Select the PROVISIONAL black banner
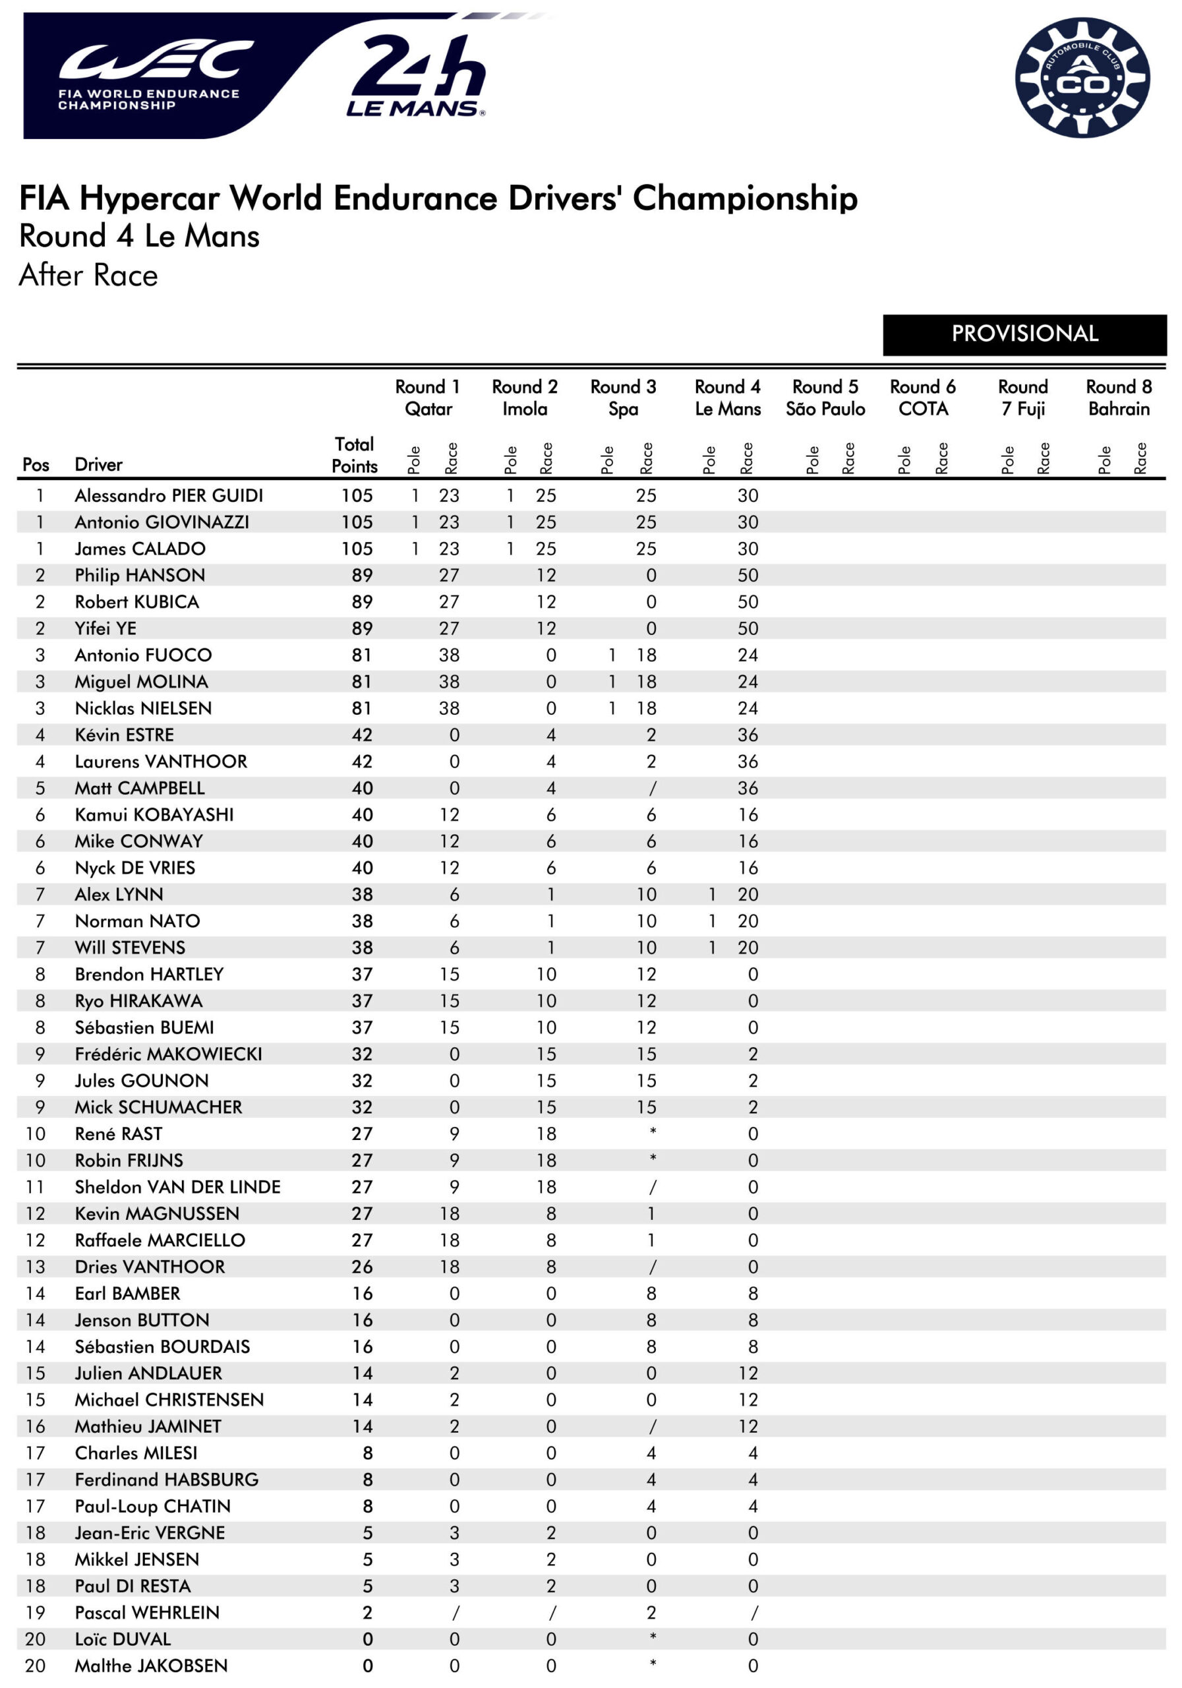(x=1024, y=334)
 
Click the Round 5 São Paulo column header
(x=825, y=398)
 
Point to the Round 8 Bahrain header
(x=1118, y=398)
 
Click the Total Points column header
(x=354, y=455)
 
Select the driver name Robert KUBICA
(x=136, y=602)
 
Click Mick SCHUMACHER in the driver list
(x=158, y=1107)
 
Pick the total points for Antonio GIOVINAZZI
(x=357, y=523)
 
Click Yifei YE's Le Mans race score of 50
(x=748, y=628)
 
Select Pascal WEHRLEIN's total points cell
(x=367, y=1612)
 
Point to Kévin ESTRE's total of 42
(x=362, y=735)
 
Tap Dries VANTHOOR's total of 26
(x=362, y=1267)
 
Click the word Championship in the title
(x=745, y=198)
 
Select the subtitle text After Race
(x=88, y=276)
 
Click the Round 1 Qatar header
(x=428, y=398)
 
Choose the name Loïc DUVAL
(x=123, y=1639)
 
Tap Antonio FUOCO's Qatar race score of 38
(x=448, y=655)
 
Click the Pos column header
(x=36, y=465)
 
